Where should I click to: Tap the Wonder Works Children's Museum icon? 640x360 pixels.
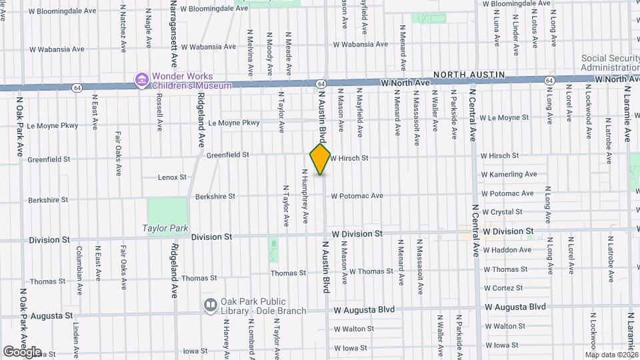click(x=141, y=80)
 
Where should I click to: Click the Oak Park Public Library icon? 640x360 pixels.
click(x=211, y=305)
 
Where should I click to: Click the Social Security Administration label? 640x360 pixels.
click(x=610, y=63)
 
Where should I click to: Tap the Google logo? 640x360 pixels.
click(x=22, y=351)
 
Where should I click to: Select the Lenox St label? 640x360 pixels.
click(x=172, y=178)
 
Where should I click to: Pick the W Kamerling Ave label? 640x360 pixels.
click(x=509, y=175)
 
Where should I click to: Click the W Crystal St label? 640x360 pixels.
click(x=502, y=212)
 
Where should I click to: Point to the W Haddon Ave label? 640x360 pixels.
click(x=507, y=251)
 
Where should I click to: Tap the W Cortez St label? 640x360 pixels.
click(x=503, y=288)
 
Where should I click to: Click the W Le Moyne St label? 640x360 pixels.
click(x=504, y=118)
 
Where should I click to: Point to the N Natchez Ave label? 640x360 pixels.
click(x=123, y=28)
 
